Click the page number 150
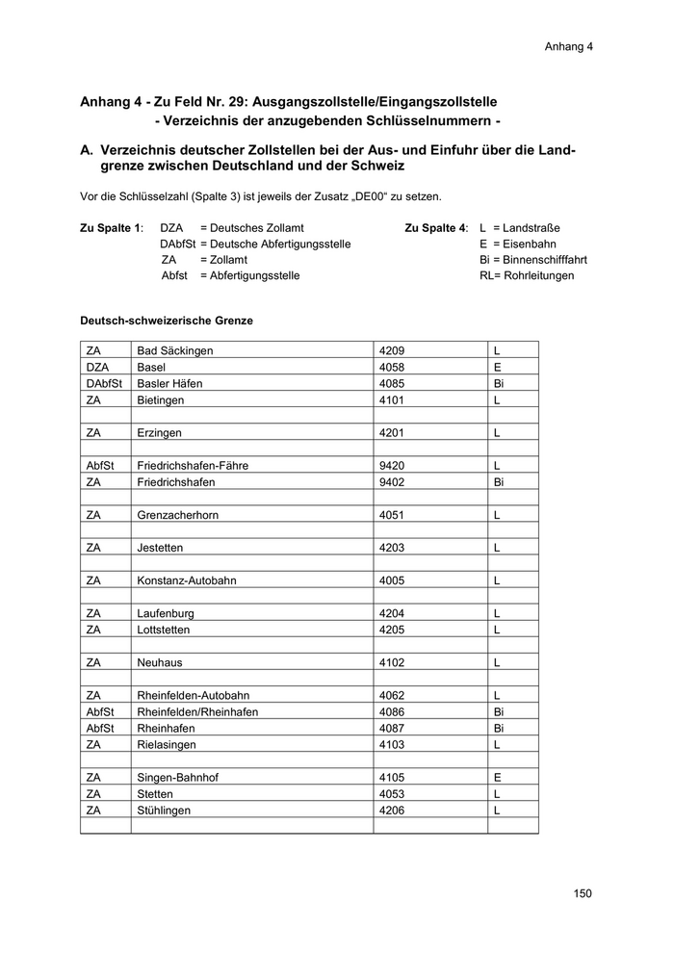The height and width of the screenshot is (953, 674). pos(582,893)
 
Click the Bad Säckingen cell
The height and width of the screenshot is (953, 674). pos(175,351)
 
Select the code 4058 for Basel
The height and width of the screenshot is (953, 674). pos(392,368)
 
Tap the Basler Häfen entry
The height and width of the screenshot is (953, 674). pos(170,384)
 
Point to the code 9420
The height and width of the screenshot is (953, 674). pos(392,466)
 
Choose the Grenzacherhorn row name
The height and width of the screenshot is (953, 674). pos(178,515)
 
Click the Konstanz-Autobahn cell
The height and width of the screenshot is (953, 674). pos(187,580)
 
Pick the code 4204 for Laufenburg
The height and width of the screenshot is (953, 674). pos(392,613)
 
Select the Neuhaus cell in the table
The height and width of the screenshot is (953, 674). pos(160,662)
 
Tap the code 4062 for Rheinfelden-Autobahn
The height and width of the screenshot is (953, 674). pos(392,695)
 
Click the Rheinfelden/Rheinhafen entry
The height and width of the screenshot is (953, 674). pos(197,711)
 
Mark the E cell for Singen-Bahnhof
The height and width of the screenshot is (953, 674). pos(498,777)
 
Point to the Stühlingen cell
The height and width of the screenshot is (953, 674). pos(164,811)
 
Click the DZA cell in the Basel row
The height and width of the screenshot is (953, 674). pos(97,368)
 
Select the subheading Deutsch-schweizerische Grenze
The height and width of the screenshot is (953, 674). pos(166,321)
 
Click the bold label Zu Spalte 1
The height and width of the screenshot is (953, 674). pos(111,228)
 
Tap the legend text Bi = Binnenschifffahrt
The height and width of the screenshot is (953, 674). pos(532,260)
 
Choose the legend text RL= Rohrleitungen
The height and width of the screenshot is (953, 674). pos(526,275)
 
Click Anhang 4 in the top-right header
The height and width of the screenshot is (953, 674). pos(568,45)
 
